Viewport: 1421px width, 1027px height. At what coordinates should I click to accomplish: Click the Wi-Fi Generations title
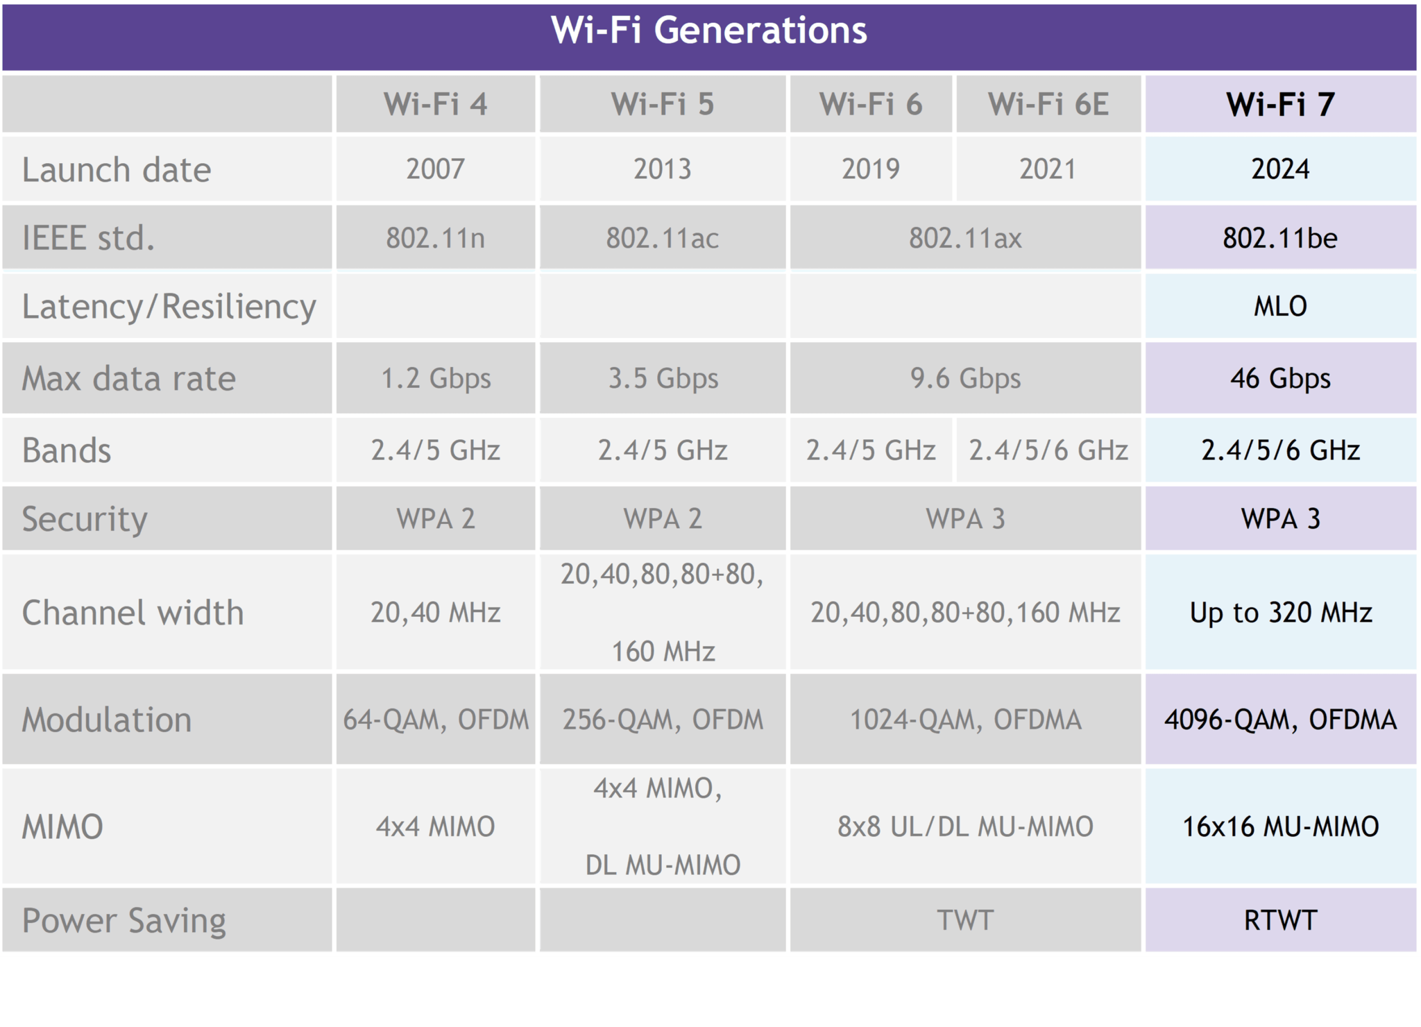(708, 31)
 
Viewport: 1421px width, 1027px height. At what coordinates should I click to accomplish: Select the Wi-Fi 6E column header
(1048, 104)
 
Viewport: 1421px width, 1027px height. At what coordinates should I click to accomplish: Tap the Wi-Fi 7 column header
(1280, 104)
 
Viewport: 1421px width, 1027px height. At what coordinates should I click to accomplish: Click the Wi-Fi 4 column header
(435, 104)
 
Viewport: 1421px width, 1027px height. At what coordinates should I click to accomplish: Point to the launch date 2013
(662, 169)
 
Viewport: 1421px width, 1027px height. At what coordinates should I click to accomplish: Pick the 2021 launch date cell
(1047, 169)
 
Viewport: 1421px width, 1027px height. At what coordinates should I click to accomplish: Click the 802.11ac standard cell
(662, 238)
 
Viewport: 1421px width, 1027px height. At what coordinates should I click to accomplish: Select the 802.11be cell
(1280, 238)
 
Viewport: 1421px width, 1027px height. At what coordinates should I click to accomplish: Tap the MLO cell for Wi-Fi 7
(1280, 306)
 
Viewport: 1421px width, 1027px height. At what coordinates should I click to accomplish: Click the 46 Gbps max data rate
(1280, 379)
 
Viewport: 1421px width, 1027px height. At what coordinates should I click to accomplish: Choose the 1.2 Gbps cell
(435, 379)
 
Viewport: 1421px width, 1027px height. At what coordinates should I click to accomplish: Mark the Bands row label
(67, 450)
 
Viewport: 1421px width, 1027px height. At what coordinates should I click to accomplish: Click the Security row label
(85, 519)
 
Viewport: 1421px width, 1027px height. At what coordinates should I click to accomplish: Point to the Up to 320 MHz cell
(1280, 613)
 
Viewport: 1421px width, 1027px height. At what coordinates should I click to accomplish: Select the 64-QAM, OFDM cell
(435, 720)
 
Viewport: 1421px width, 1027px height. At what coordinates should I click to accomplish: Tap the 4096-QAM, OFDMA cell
(1280, 720)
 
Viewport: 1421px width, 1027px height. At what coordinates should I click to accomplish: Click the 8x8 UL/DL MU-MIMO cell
(964, 826)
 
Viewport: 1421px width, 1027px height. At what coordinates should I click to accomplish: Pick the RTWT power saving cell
(1280, 921)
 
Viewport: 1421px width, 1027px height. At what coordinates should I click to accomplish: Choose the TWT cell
(964, 921)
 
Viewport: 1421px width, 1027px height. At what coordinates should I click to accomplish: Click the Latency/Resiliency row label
(169, 307)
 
